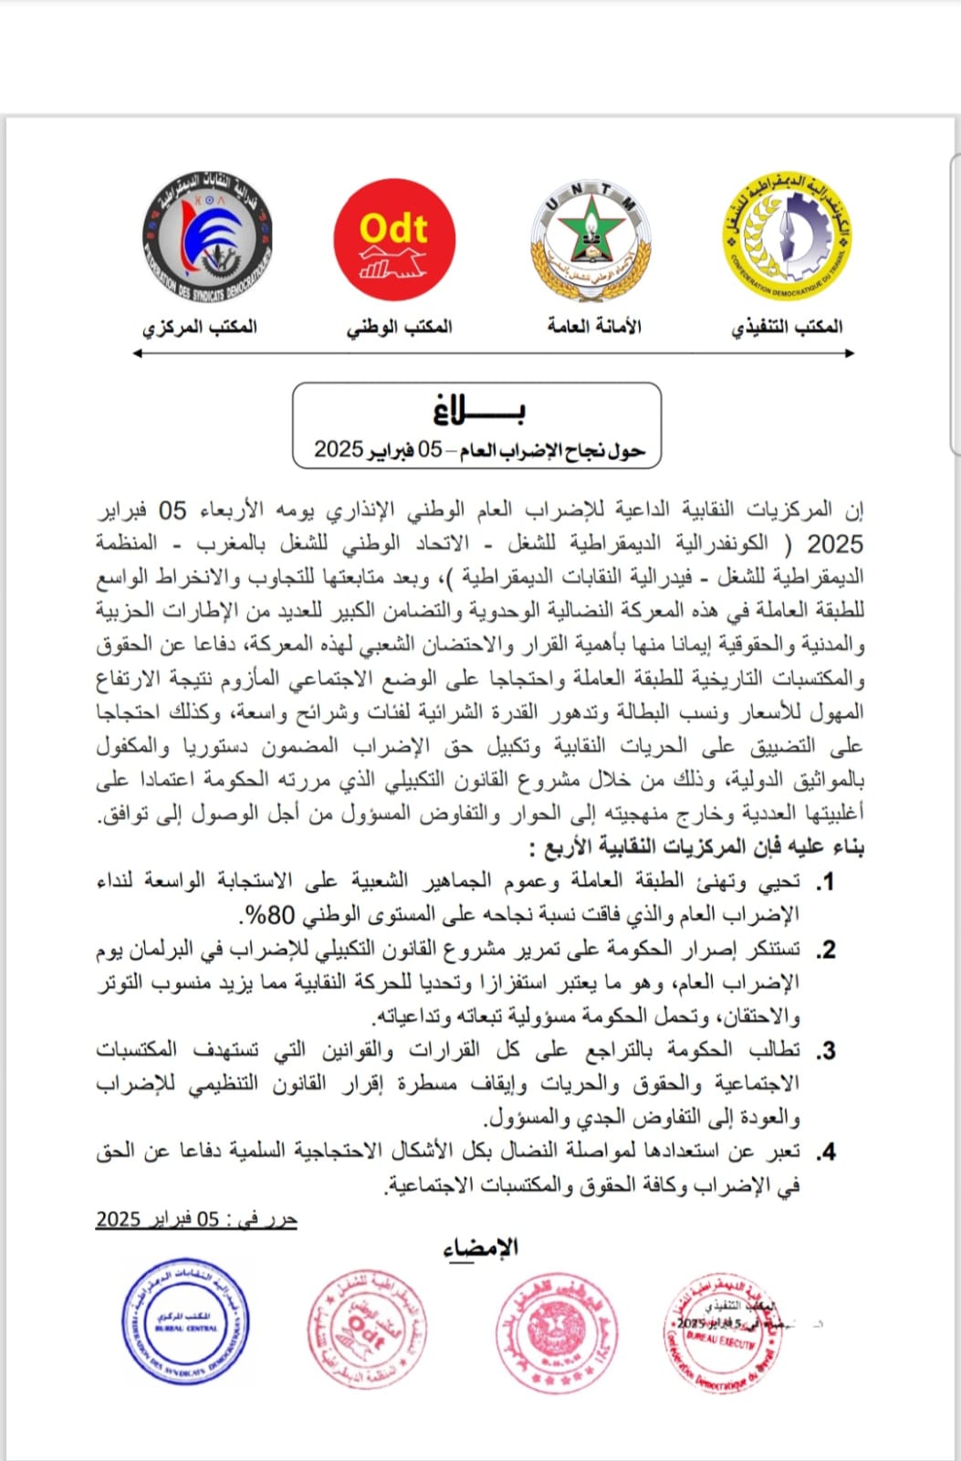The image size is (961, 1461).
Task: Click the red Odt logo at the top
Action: tap(394, 240)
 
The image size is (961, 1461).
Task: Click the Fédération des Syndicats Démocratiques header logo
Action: tap(207, 236)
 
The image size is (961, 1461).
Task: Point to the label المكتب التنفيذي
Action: tap(787, 327)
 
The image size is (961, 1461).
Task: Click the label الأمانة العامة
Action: tap(594, 326)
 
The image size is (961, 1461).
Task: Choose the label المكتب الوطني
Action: tap(399, 327)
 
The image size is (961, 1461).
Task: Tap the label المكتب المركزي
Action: tap(199, 327)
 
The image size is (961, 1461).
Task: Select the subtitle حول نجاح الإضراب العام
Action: tap(480, 449)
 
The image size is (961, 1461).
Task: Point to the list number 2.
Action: tap(826, 951)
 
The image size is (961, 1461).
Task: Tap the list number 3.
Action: tap(826, 1051)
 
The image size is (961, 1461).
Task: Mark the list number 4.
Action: tap(826, 1152)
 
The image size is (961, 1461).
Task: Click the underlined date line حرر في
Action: tap(197, 1220)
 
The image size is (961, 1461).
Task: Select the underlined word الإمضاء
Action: tap(481, 1247)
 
